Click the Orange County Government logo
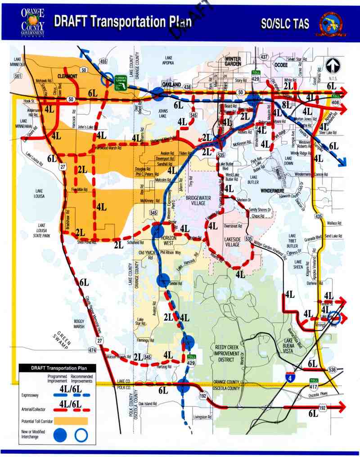coord(32,21)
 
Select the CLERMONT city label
coord(68,76)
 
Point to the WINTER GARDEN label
coord(233,62)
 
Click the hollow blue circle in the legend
coord(81,435)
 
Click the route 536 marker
coord(332,369)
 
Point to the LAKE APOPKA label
coord(169,61)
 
